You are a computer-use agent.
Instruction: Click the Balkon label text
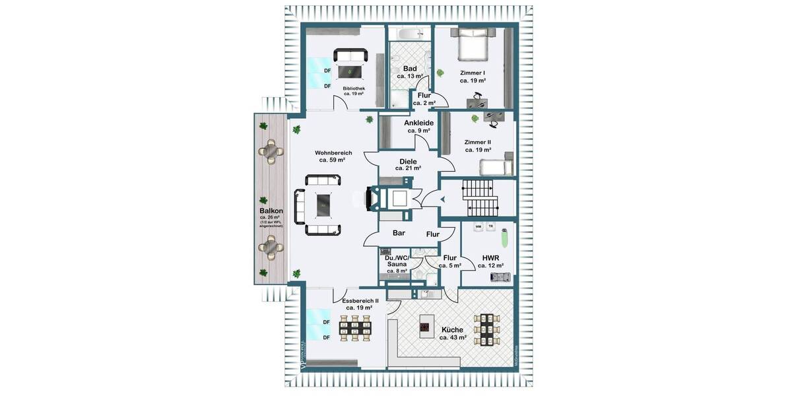271,211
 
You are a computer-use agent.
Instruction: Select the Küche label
453,329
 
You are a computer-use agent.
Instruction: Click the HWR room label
490,257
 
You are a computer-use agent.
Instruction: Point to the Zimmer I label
474,73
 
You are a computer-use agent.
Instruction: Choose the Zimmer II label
477,142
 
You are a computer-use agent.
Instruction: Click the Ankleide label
418,123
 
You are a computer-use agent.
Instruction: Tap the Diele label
408,161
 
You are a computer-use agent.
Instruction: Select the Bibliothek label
354,88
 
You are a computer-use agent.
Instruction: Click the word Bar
399,233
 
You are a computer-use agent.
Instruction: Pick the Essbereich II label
359,300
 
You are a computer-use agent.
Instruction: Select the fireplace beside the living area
372,199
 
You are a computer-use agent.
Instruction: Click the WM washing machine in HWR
478,226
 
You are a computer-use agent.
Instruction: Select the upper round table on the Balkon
271,150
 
